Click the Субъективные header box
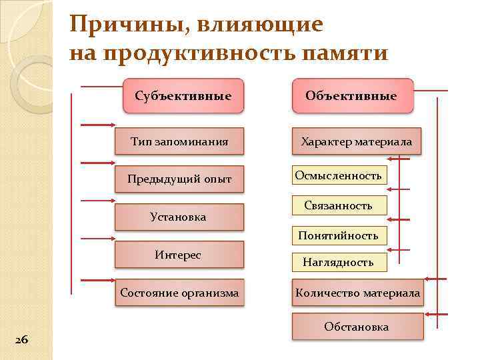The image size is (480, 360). pyautogui.click(x=183, y=96)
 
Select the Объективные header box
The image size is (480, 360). pyautogui.click(x=351, y=96)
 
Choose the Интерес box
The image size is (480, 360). pyautogui.click(x=178, y=255)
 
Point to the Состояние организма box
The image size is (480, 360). pyautogui.click(x=179, y=293)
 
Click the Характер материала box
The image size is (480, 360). pyautogui.click(x=357, y=141)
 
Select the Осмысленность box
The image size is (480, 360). pyautogui.click(x=339, y=175)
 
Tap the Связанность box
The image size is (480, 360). pyautogui.click(x=339, y=205)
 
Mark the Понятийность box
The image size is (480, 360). pyautogui.click(x=339, y=235)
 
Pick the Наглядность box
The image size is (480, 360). pyautogui.click(x=339, y=262)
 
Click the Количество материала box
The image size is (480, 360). pyautogui.click(x=358, y=293)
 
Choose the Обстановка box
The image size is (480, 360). pyautogui.click(x=357, y=327)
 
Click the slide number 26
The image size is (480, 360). pyautogui.click(x=21, y=340)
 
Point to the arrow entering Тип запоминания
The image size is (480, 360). pyautogui.click(x=97, y=125)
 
